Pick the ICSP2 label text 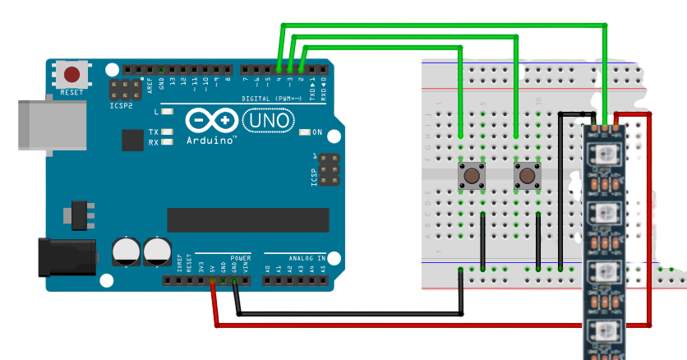point(122,106)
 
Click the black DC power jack point(66,256)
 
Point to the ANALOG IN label point(300,257)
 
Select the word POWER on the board point(240,257)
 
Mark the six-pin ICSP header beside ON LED point(329,169)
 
